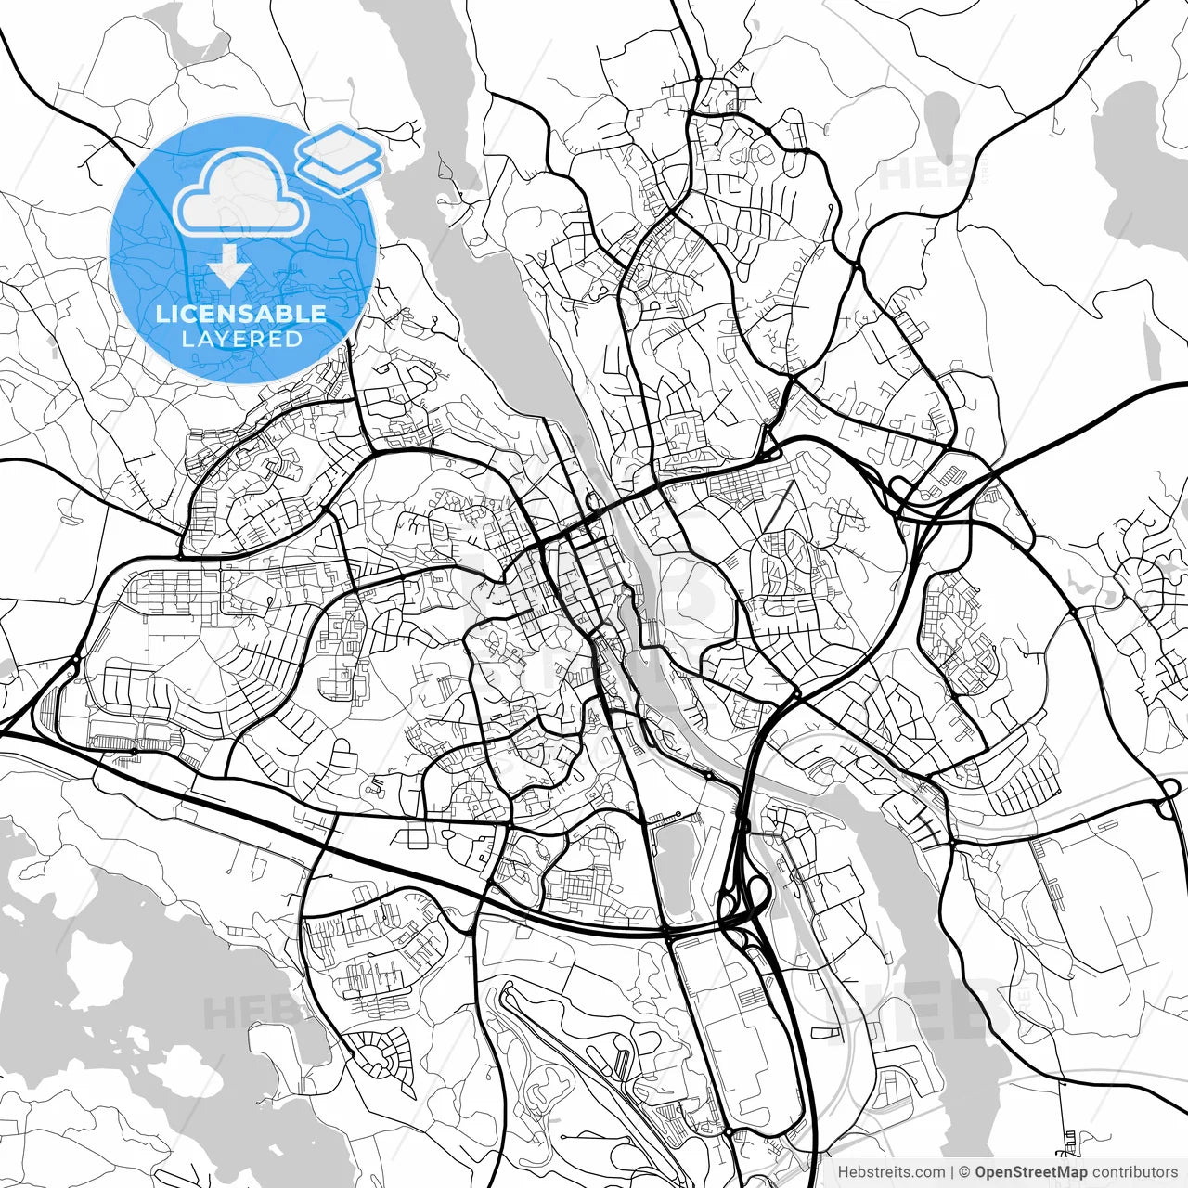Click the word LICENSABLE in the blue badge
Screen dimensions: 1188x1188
[241, 314]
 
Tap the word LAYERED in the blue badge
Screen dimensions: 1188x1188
[241, 340]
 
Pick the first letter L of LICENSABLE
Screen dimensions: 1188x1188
[162, 314]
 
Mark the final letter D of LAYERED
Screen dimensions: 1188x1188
[294, 340]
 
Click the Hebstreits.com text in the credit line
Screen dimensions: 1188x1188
[891, 1172]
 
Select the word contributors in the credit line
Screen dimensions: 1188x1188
[1134, 1172]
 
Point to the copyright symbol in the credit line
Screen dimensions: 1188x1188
[965, 1172]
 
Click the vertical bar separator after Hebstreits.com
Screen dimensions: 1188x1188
[952, 1172]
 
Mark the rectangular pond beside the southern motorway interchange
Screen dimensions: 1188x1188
[676, 868]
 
